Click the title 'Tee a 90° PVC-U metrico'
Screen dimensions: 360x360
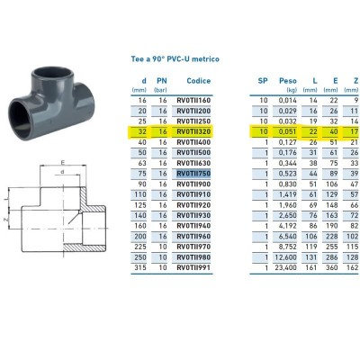point(175,58)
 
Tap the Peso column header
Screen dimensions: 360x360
point(288,81)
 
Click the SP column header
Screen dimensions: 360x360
point(263,81)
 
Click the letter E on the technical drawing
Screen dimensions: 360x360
point(62,163)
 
